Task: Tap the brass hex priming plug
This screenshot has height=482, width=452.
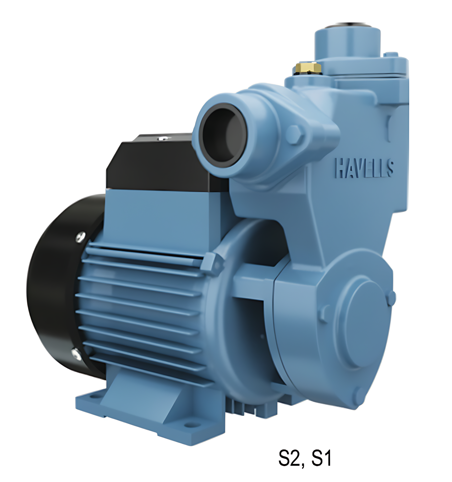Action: point(308,68)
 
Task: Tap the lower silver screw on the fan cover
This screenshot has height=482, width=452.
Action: point(77,354)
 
